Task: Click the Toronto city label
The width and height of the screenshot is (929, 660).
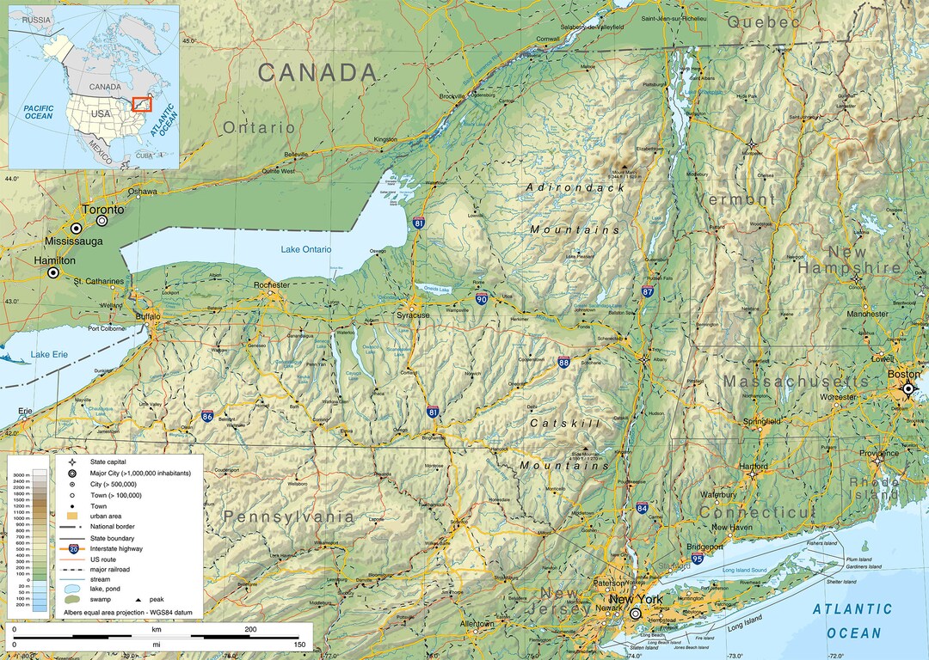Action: pos(102,210)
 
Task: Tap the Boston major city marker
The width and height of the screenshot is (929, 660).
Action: pos(907,389)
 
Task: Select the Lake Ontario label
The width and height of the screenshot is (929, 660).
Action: pos(305,249)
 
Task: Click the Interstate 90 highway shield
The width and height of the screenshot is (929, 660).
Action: pos(482,299)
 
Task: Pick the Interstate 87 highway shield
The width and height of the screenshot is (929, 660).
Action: pos(647,291)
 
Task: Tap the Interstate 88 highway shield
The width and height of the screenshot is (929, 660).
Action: pos(563,363)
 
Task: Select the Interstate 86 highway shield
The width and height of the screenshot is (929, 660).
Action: pos(208,416)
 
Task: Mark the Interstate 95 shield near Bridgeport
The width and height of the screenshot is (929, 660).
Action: pos(697,559)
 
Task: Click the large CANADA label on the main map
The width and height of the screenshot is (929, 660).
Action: pos(318,73)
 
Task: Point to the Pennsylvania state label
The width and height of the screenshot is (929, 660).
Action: pos(288,516)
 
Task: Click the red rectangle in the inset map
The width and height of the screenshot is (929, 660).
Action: pos(142,104)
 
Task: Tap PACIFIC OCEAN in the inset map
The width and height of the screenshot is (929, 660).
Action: pos(39,112)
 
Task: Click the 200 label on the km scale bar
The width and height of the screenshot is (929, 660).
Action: pos(250,630)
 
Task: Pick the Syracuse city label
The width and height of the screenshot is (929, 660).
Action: pos(414,315)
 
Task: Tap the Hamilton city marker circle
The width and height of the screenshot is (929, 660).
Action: pos(53,272)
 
